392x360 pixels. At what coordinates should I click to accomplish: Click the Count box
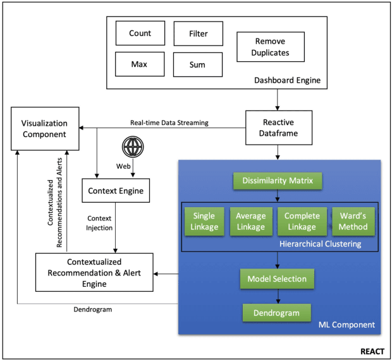coord(140,33)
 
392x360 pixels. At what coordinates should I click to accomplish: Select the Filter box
coord(198,33)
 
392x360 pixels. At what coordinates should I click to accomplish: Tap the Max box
coord(140,64)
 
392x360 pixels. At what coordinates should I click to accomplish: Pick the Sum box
coord(198,64)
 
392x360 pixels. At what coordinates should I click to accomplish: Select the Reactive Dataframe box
coord(278,126)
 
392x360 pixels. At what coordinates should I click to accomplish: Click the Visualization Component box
coord(44,128)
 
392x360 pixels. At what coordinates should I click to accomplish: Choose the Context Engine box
coord(116,190)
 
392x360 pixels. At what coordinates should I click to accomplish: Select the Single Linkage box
coord(204,221)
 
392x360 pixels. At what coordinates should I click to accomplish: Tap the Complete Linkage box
coord(302,221)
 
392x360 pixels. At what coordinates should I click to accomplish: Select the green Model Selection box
coord(276,279)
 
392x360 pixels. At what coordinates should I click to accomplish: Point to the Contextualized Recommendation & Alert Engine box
coord(94,272)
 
